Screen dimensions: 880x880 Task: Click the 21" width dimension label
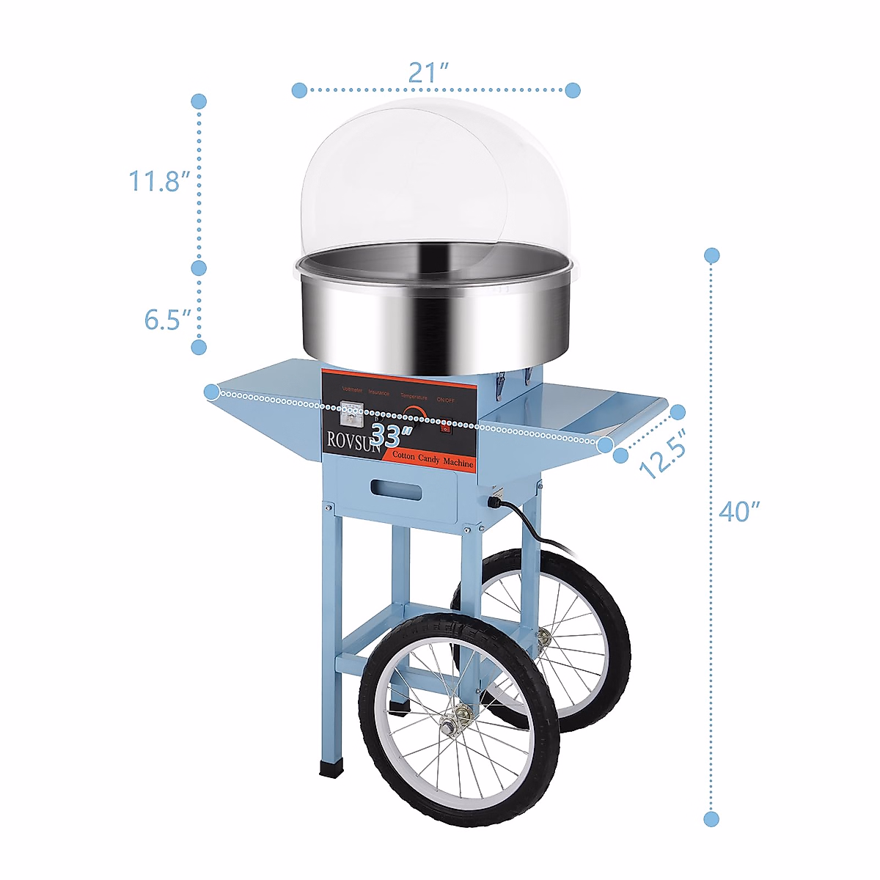tap(428, 72)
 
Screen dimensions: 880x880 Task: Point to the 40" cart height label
tap(739, 510)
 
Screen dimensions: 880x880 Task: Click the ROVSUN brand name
tap(352, 441)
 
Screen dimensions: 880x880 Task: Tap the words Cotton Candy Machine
tap(433, 459)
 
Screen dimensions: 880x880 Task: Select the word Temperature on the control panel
tap(414, 397)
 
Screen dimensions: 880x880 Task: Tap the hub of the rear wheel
tap(544, 638)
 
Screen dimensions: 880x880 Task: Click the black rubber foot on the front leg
tap(331, 767)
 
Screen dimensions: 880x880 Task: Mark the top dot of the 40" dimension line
tap(711, 256)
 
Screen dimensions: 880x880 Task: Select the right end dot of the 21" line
tap(573, 90)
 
